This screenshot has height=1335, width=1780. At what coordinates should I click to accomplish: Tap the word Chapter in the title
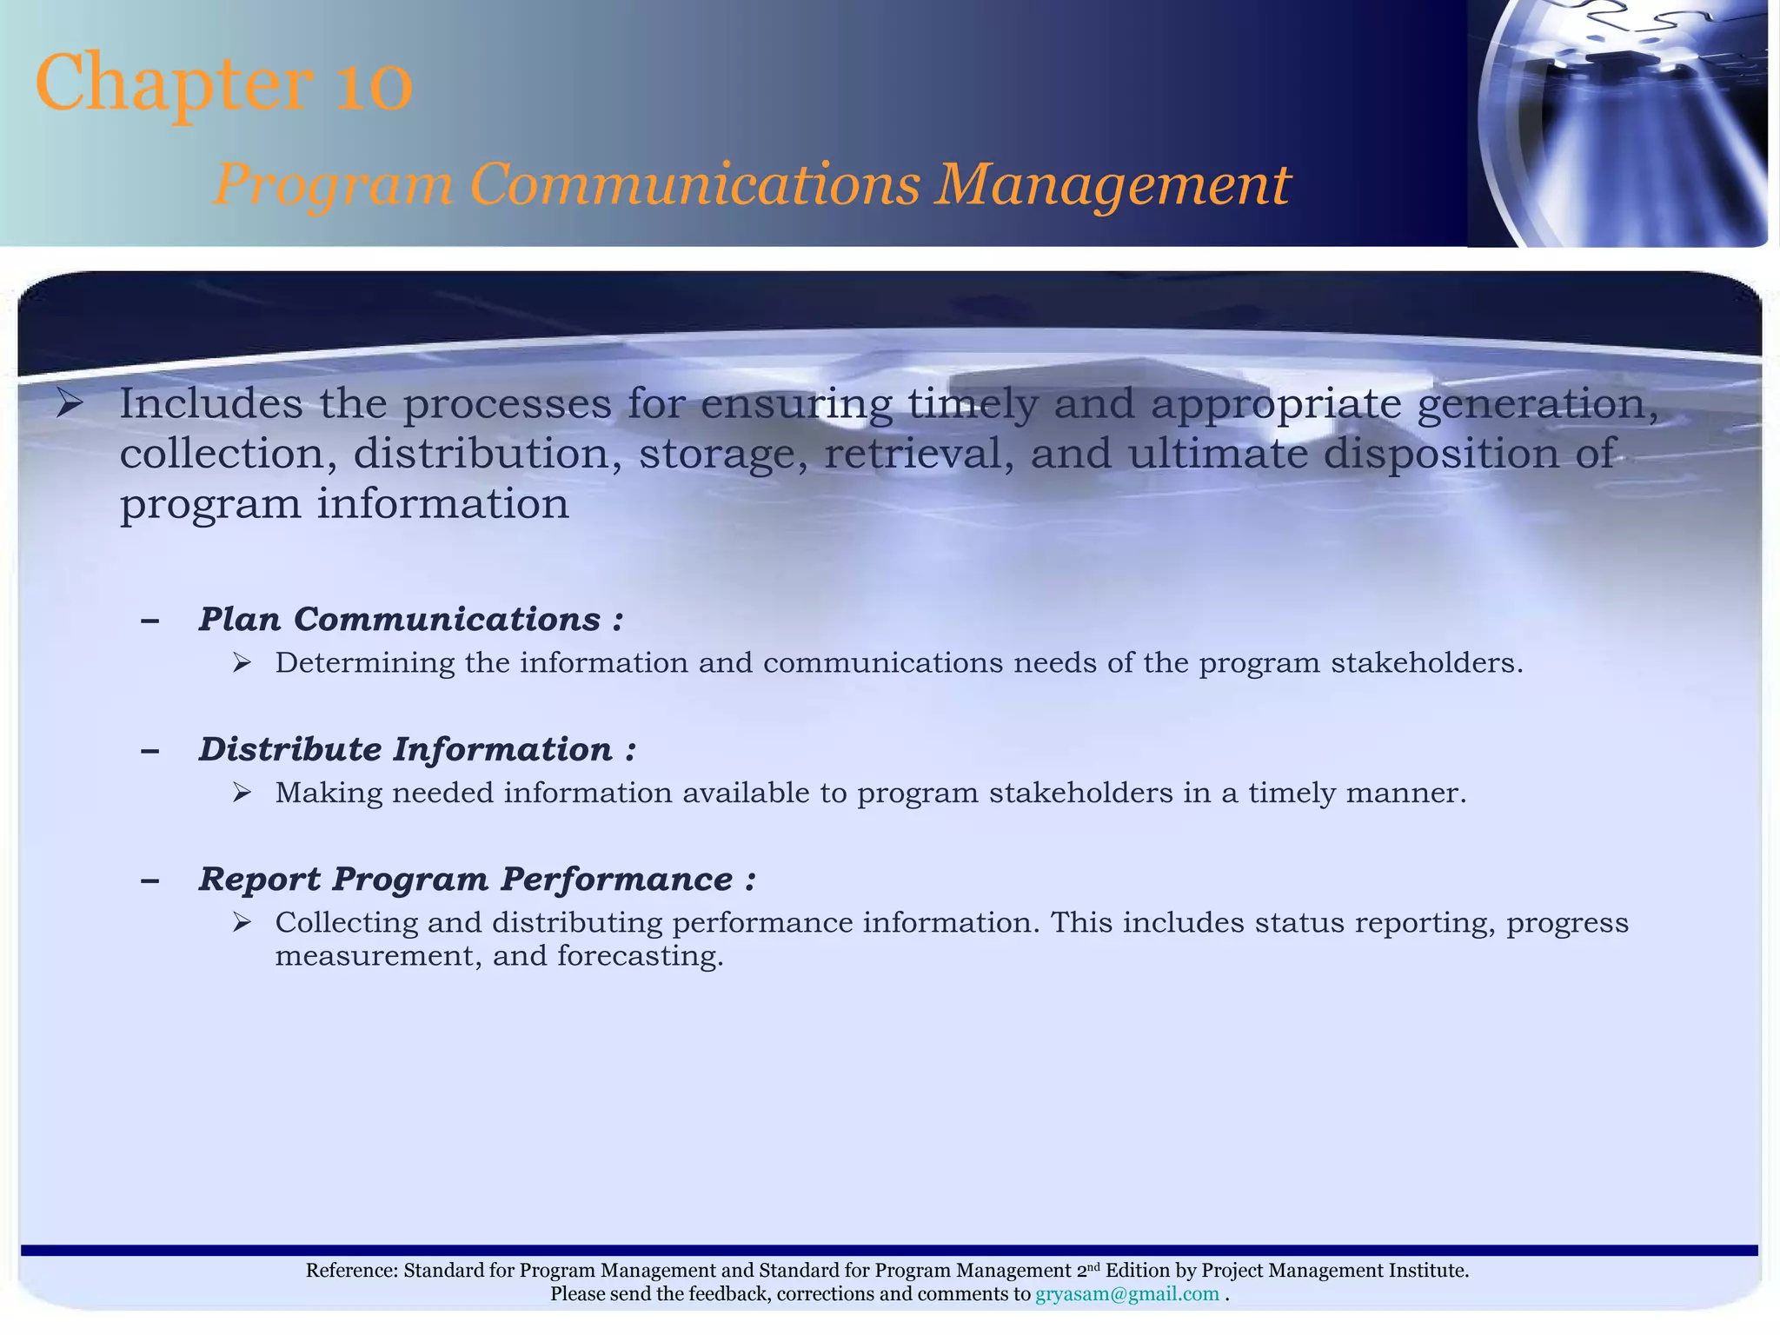pos(174,85)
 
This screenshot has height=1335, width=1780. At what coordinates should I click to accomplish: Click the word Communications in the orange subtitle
pos(694,185)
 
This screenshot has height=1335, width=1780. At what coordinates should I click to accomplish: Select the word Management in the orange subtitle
pos(1112,185)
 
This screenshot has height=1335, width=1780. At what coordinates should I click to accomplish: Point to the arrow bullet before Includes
pos(70,404)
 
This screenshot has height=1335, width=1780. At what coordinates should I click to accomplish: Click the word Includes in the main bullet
pos(211,404)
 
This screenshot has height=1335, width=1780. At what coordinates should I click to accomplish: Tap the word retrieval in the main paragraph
pos(919,455)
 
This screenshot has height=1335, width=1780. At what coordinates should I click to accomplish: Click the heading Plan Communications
pos(400,620)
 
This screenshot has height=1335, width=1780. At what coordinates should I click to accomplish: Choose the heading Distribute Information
pos(406,750)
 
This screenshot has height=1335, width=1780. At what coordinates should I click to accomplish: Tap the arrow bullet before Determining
pos(242,664)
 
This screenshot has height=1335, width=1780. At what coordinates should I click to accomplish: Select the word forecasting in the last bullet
pos(640,956)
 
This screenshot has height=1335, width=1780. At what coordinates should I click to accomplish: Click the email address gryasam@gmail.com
pos(1126,1294)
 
